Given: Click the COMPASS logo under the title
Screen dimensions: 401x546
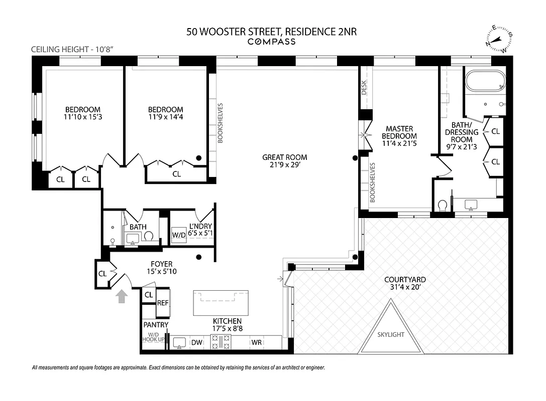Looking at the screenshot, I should tap(272, 42).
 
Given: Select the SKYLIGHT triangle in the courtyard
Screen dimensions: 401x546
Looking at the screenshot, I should tap(390, 328).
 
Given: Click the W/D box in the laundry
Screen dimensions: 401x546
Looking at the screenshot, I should tap(179, 235).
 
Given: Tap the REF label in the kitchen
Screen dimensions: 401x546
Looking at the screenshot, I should tap(163, 303).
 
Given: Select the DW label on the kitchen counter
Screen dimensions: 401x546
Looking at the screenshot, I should tap(196, 342).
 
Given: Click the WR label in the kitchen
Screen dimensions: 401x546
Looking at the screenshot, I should tap(257, 342).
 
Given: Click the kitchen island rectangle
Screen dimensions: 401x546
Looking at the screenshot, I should tap(221, 302).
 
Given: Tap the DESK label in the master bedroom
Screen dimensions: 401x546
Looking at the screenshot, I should tap(364, 88).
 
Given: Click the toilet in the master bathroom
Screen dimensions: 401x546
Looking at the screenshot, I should tap(443, 205).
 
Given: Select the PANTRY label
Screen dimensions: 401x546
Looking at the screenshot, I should tap(156, 325).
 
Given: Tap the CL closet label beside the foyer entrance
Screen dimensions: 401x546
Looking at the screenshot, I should tap(102, 274).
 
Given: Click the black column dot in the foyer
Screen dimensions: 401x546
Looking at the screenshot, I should tap(199, 257).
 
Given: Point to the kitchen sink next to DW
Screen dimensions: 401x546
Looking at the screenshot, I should tap(178, 342).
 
